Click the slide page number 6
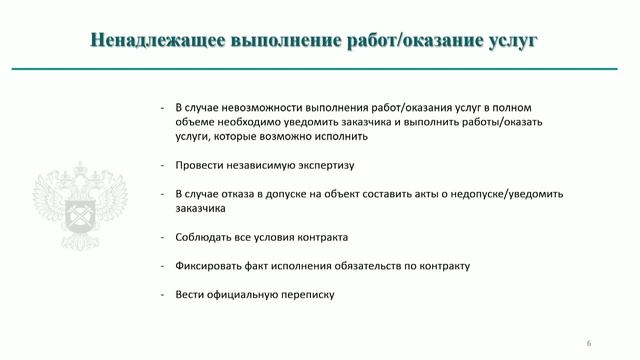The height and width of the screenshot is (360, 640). [x=590, y=343]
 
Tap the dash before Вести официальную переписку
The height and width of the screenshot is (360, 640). [x=162, y=294]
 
